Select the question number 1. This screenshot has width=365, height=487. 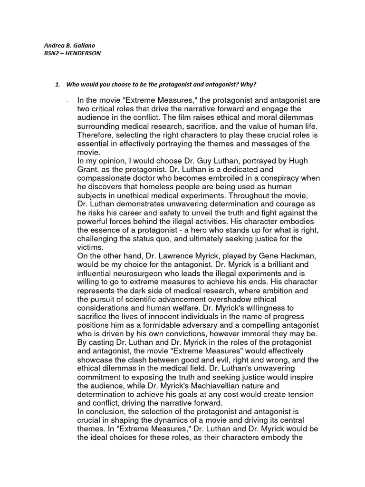point(57,85)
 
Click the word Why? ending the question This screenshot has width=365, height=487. point(249,85)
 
